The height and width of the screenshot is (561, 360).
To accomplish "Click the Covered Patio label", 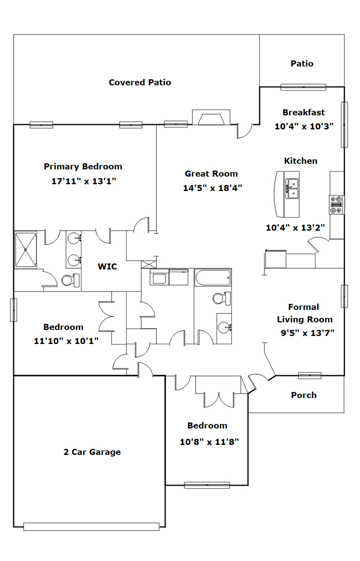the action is click(x=140, y=83).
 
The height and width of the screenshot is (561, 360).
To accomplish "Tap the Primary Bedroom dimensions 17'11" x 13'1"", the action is click(x=84, y=181).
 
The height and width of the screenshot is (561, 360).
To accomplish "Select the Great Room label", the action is click(x=211, y=173).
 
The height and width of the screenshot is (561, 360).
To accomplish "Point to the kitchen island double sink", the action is click(x=292, y=189).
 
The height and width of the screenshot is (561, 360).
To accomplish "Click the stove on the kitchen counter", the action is click(x=336, y=205).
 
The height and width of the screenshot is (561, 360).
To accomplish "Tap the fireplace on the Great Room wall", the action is click(x=211, y=117).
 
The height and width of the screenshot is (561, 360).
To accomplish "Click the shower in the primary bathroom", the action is click(x=25, y=250).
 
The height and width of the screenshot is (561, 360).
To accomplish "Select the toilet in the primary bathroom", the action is click(x=71, y=280).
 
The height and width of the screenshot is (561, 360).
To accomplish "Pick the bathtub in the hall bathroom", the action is click(x=213, y=277).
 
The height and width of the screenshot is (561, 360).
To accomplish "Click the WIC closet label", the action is click(x=107, y=266).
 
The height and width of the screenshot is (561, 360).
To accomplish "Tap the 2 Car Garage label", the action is click(x=92, y=452).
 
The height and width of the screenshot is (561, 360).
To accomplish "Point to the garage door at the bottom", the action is click(x=91, y=527).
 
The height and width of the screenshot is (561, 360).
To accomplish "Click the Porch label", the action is click(x=304, y=395).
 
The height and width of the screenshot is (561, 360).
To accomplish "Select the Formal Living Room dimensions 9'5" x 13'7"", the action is click(x=308, y=333).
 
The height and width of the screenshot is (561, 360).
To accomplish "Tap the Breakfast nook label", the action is click(x=304, y=112).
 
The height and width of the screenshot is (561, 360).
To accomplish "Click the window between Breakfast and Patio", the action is click(x=303, y=87).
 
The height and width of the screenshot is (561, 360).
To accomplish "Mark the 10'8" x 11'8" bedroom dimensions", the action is click(x=209, y=442).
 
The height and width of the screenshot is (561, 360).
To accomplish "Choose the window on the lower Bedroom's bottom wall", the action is click(x=207, y=485).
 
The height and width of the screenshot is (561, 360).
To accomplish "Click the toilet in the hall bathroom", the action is click(x=222, y=298).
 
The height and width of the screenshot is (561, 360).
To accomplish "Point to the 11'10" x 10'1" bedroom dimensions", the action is click(x=66, y=341).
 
